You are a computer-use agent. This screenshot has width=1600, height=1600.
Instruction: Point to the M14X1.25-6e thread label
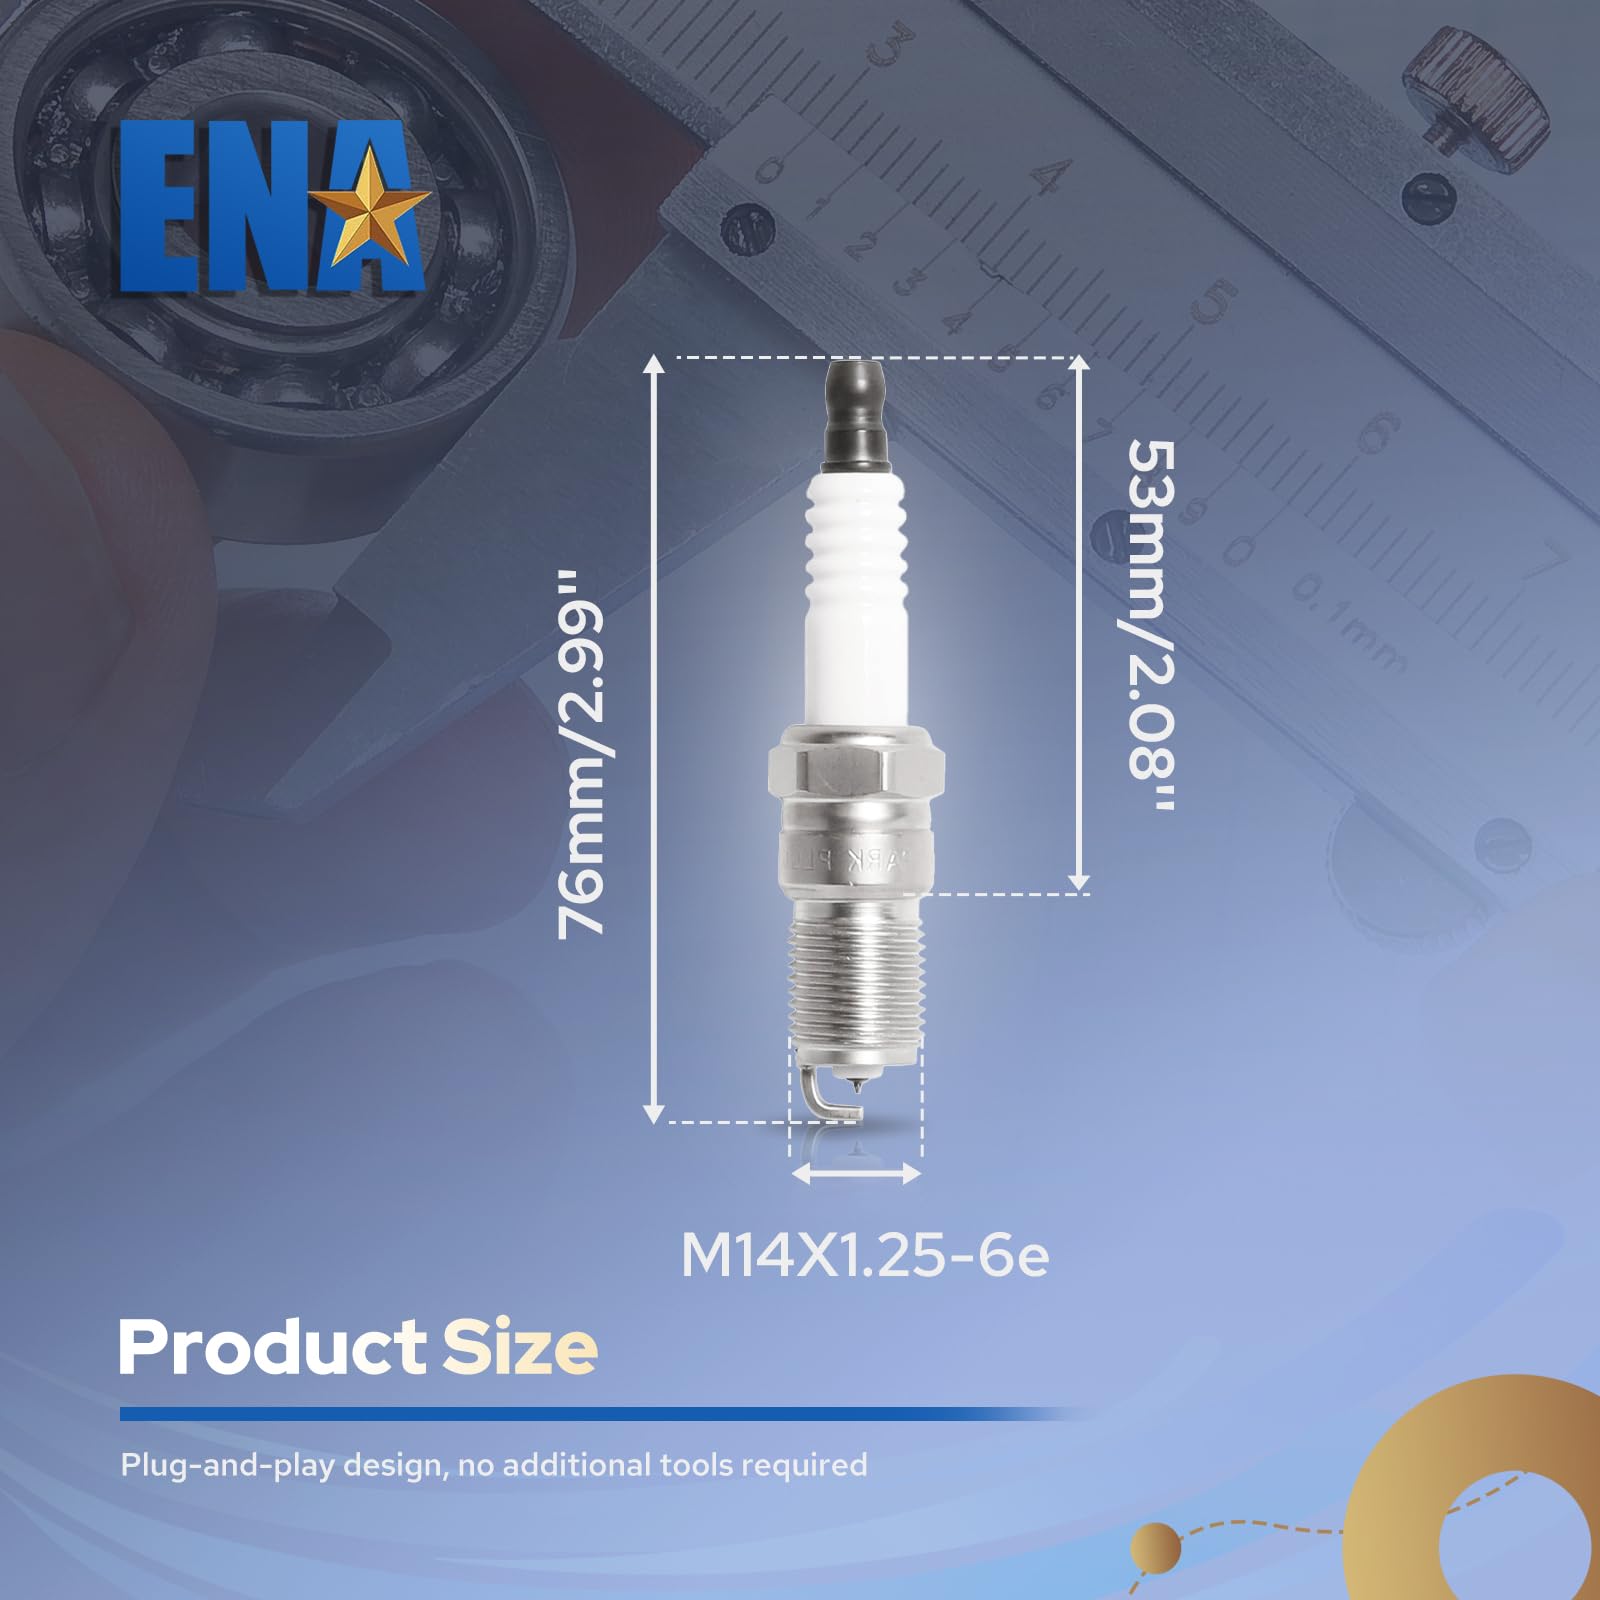coord(865,1256)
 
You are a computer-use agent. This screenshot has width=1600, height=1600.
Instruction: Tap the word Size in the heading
coord(520,1348)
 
